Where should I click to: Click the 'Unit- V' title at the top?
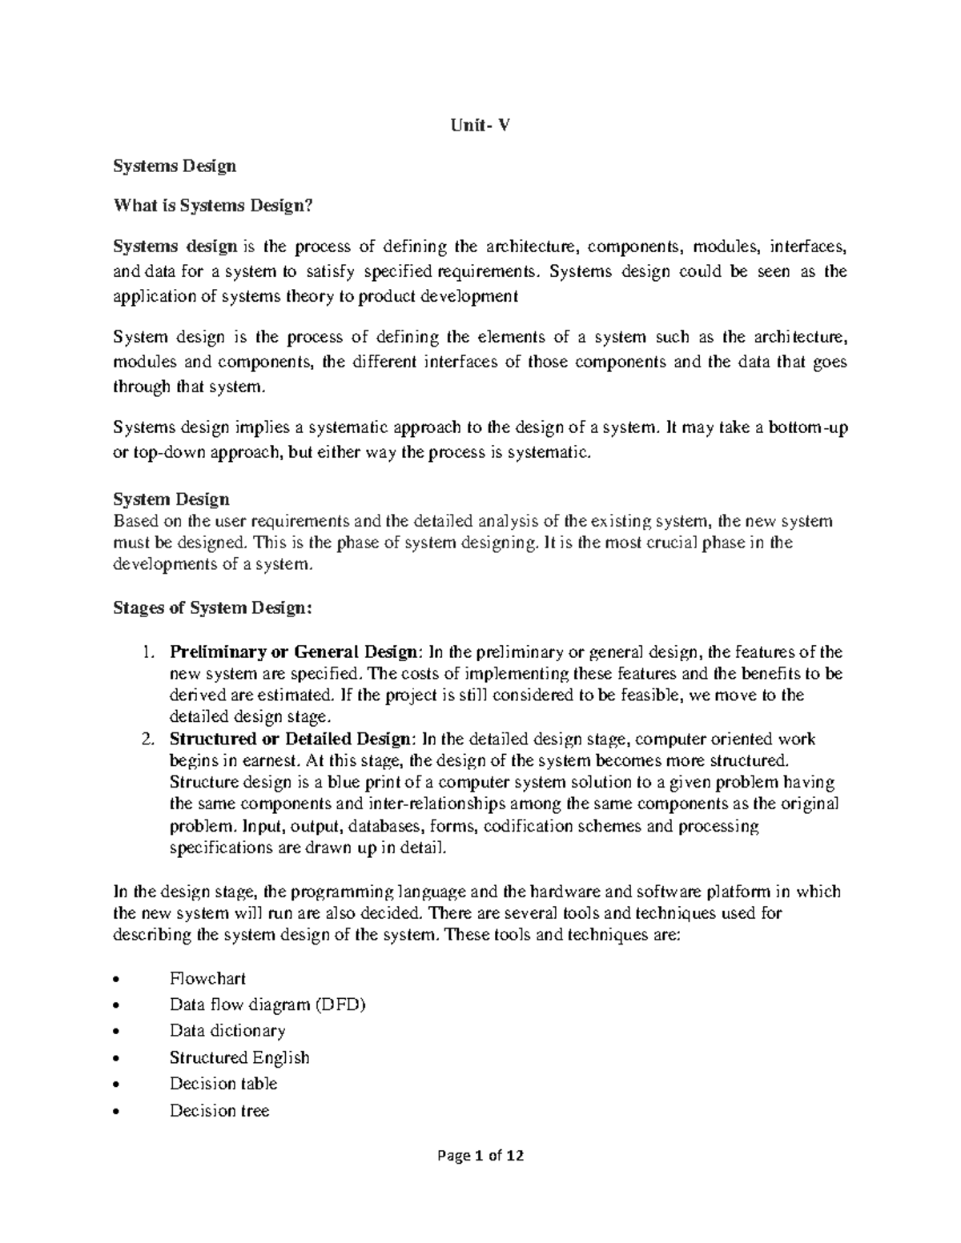point(480,126)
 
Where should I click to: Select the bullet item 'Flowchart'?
point(207,978)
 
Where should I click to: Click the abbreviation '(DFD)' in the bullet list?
point(340,1004)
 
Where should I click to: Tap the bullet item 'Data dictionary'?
point(227,1031)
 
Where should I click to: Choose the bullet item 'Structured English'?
point(239,1057)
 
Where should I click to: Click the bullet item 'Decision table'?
point(223,1084)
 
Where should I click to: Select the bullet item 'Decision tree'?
point(219,1110)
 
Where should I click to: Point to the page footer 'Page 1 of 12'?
point(480,1156)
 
